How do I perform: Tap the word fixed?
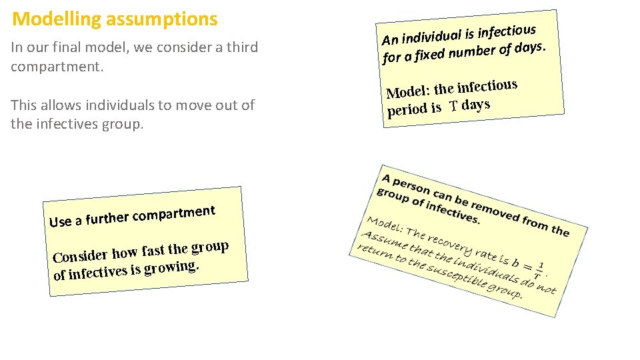point(429,53)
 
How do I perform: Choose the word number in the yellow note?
point(472,49)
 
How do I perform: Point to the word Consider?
point(80,255)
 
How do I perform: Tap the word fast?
point(153,251)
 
